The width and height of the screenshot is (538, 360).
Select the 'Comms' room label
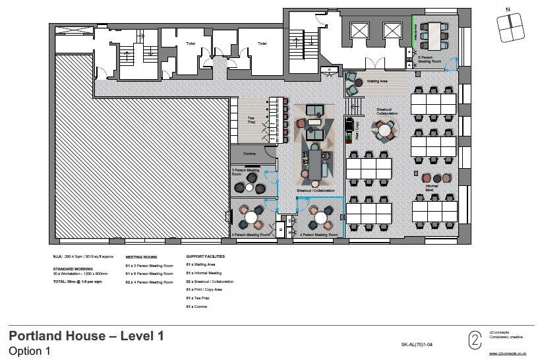[x=249, y=154]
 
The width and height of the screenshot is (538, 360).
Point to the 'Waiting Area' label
[x=376, y=82]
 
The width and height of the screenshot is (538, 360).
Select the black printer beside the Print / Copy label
[x=349, y=125]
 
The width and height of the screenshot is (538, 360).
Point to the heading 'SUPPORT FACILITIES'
[x=205, y=256]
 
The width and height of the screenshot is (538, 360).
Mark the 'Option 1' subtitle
[x=29, y=351]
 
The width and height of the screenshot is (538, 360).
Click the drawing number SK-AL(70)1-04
[x=417, y=344]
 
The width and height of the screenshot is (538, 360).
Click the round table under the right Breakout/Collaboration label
[x=384, y=131]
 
